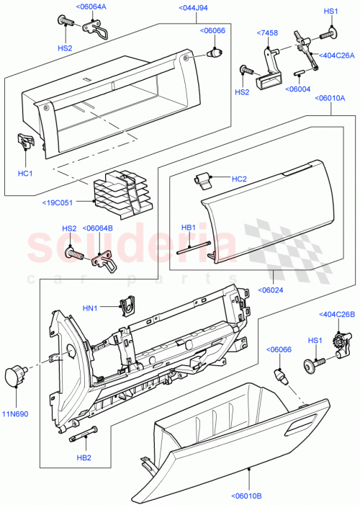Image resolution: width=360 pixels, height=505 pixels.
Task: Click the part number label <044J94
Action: coord(174,9)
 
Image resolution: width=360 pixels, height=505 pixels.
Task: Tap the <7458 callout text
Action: coord(269,33)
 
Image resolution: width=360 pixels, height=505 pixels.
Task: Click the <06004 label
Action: coord(298,89)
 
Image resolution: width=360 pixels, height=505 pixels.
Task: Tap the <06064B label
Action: coord(97,228)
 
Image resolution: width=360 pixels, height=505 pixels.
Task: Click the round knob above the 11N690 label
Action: coord(14,375)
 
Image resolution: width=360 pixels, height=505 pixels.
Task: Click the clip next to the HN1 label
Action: coord(128,305)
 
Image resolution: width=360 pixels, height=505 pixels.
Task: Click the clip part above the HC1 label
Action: coord(25,141)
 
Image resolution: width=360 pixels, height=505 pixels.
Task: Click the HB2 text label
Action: coord(84,457)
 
